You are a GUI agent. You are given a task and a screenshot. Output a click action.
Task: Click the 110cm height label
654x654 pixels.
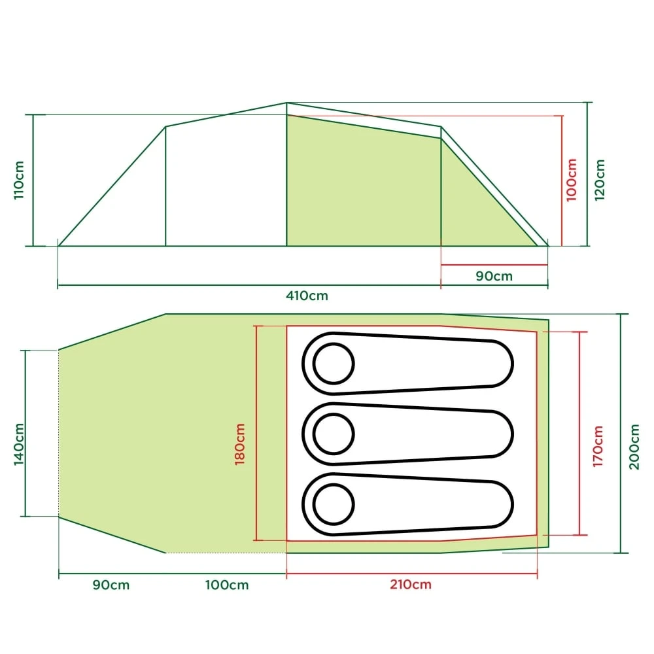[19, 180]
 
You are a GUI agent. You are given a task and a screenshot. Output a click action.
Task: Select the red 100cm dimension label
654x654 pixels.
[572, 180]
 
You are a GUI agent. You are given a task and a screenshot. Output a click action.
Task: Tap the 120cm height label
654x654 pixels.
[600, 180]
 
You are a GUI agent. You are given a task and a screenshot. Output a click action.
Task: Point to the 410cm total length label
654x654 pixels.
[307, 296]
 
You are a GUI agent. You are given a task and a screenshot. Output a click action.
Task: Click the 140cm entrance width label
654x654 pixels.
[19, 444]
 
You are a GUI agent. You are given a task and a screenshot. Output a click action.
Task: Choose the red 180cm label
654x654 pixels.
[240, 444]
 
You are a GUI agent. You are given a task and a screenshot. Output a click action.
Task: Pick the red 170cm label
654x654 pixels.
[598, 446]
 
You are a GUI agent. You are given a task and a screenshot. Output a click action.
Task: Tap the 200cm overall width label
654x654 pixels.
[633, 446]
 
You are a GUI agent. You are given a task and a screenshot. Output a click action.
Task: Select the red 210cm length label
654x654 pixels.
[410, 585]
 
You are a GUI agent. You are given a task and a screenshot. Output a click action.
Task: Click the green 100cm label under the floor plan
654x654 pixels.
[227, 585]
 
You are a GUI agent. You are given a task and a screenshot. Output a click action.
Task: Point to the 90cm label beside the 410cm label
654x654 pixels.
[494, 276]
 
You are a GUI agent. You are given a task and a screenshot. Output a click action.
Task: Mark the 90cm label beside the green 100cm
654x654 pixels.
[111, 585]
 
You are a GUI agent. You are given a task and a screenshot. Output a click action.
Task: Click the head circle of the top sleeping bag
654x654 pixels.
[334, 363]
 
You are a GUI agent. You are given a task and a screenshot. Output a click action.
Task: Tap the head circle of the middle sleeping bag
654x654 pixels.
[334, 432]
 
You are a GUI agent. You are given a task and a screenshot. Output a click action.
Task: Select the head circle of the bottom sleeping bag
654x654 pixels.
[334, 504]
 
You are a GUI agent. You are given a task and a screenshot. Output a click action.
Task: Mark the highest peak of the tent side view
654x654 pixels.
[287, 103]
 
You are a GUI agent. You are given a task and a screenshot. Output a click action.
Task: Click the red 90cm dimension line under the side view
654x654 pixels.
[494, 265]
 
